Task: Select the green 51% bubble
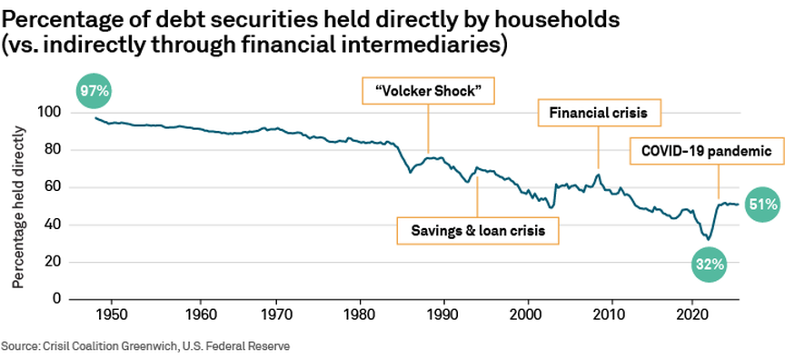761,205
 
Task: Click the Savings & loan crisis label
476,231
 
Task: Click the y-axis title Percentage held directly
18,206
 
